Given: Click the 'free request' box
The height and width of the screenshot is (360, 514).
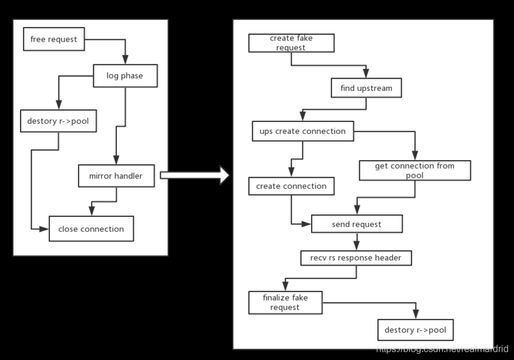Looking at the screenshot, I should coord(54,39).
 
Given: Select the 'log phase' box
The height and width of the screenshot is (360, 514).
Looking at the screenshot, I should coord(124,76).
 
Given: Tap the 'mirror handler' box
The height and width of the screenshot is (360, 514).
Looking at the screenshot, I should coord(116,175).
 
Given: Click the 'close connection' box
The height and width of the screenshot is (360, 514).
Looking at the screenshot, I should coord(91,229).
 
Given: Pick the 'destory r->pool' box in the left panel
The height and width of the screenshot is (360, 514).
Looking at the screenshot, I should coord(58,121).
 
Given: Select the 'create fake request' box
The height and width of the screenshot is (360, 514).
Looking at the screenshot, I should coord(291,43).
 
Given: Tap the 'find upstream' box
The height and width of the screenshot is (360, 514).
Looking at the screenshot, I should coord(366,89).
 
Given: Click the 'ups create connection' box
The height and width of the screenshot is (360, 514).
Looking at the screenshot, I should coord(302,131).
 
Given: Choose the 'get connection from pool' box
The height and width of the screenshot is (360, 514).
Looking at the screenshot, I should coord(414,170).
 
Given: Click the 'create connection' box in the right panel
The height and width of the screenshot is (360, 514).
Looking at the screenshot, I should coord(291,186).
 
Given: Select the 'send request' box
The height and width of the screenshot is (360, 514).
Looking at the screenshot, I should coord(356,224).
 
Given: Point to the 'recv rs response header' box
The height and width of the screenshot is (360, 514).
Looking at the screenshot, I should coord(356,257).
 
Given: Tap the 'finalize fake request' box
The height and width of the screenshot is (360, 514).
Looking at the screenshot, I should coord(285,302).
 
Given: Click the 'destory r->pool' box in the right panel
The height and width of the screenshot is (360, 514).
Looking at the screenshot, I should coord(415,330).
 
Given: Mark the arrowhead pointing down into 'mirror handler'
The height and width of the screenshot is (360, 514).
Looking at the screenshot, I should coord(116,160).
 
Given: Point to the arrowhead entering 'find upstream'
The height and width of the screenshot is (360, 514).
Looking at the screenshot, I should coord(366,74).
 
